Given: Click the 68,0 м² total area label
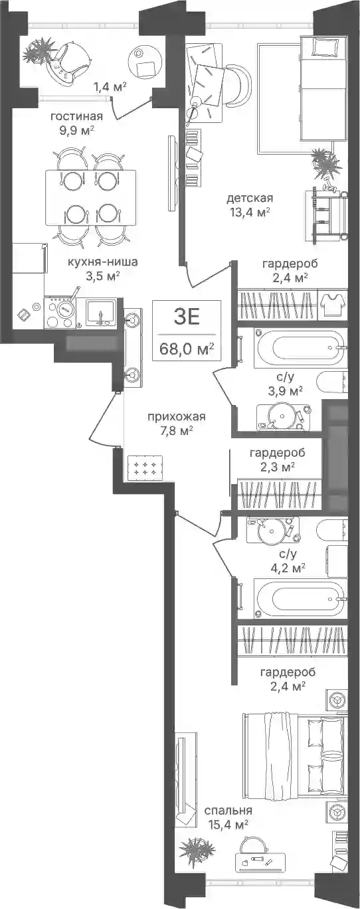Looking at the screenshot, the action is click(x=187, y=348).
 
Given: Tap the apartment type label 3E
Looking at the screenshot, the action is click(x=187, y=317).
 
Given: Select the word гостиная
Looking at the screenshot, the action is click(x=76, y=117).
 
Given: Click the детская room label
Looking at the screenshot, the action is click(x=250, y=199).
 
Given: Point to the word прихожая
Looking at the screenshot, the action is click(x=177, y=417).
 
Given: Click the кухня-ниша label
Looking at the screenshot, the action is click(x=103, y=262).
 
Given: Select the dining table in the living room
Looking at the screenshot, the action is click(x=90, y=198).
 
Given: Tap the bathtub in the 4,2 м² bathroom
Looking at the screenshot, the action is click(x=300, y=598).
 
